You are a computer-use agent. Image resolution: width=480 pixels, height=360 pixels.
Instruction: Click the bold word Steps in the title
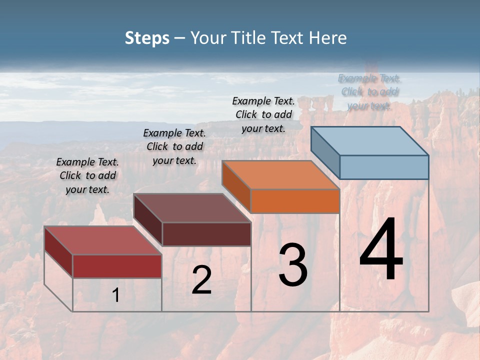147,38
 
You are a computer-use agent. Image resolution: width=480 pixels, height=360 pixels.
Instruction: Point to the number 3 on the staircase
292,265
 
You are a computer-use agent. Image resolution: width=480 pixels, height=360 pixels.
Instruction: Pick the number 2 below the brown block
201,280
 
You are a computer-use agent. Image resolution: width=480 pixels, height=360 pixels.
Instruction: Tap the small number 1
115,295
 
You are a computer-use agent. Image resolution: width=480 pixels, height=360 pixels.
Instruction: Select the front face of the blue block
384,167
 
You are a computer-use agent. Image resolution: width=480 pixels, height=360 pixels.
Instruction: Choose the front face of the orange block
295,201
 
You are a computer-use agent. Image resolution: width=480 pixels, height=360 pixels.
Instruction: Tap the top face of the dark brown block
192,208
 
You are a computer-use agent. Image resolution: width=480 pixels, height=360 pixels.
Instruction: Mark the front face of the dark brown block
206,234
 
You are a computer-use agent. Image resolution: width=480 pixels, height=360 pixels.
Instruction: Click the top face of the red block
103,240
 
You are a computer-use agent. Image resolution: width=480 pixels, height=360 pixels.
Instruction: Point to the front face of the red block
117,266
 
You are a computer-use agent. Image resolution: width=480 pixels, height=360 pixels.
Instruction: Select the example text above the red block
87,175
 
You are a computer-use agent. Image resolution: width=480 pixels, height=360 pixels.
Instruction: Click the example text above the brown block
174,146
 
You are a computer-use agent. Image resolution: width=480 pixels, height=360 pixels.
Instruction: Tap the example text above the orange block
263,114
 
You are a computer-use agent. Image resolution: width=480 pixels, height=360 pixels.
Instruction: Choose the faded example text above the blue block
369,92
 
